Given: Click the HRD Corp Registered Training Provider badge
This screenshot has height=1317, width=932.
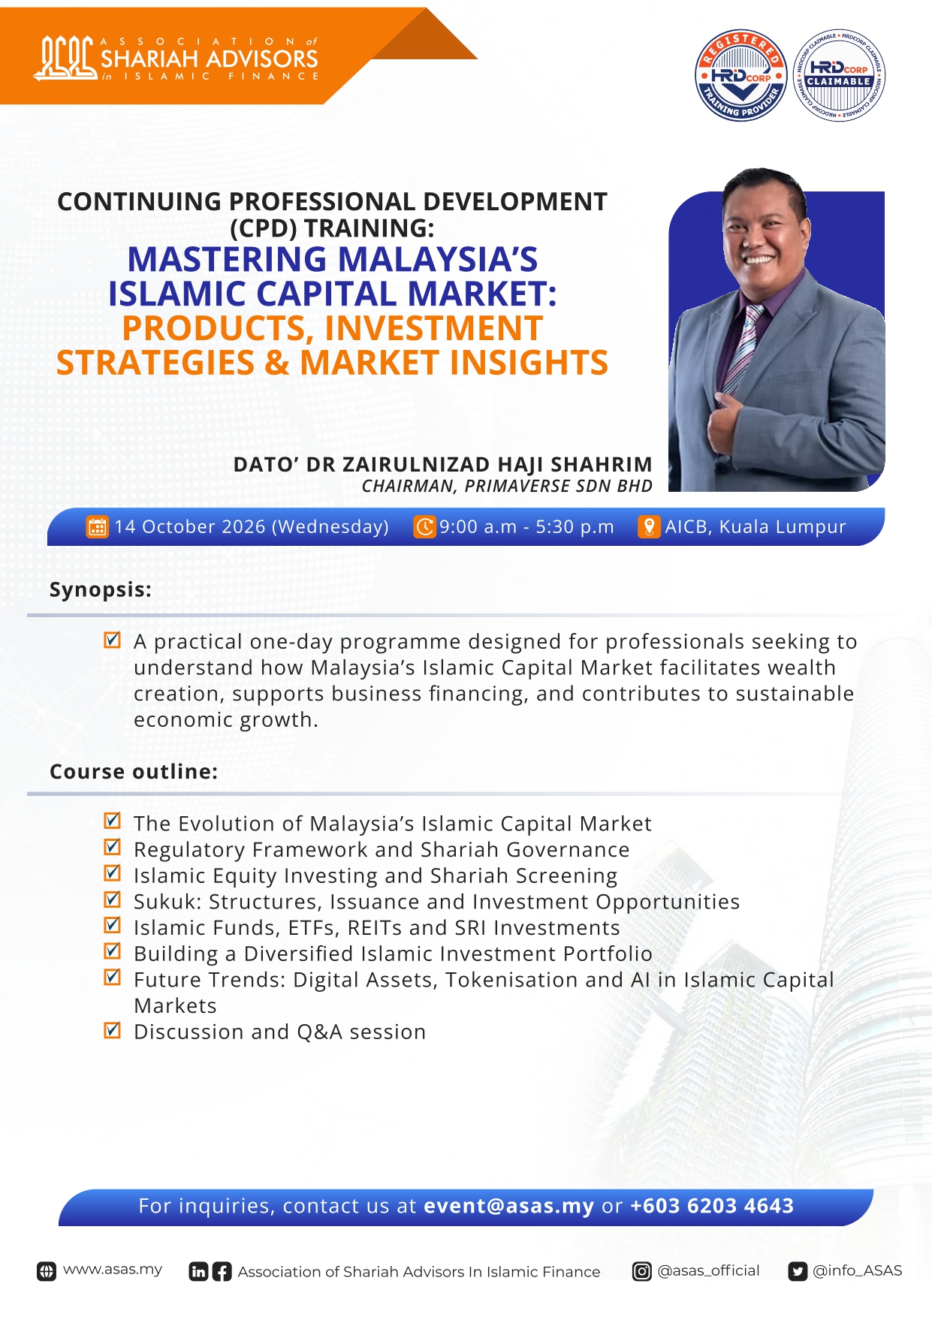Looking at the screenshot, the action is point(741,75).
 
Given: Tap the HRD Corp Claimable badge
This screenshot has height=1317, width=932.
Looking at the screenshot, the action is point(839,75).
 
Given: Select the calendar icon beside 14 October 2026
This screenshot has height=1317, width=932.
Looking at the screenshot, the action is point(97,526).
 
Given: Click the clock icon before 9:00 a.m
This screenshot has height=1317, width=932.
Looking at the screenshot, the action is point(424,526).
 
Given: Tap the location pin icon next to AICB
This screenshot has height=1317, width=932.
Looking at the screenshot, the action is point(648,526).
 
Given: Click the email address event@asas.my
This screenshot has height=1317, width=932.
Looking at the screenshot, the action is point(508,1206).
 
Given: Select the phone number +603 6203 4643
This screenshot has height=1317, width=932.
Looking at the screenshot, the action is point(712,1206).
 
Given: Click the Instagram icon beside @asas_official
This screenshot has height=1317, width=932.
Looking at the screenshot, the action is point(642,1271).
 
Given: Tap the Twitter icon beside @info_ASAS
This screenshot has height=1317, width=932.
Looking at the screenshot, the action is point(798,1271).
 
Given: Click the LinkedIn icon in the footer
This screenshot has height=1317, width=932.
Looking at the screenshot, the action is point(198,1271).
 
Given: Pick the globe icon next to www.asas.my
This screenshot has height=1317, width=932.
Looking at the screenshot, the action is point(47,1271).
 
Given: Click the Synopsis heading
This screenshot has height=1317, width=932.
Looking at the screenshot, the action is point(101,590).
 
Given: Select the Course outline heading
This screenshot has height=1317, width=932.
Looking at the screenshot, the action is point(134,772).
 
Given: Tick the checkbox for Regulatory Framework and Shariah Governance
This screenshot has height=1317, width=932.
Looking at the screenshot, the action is point(112,847).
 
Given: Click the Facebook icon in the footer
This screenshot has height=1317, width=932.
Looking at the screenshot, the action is point(222,1271).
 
